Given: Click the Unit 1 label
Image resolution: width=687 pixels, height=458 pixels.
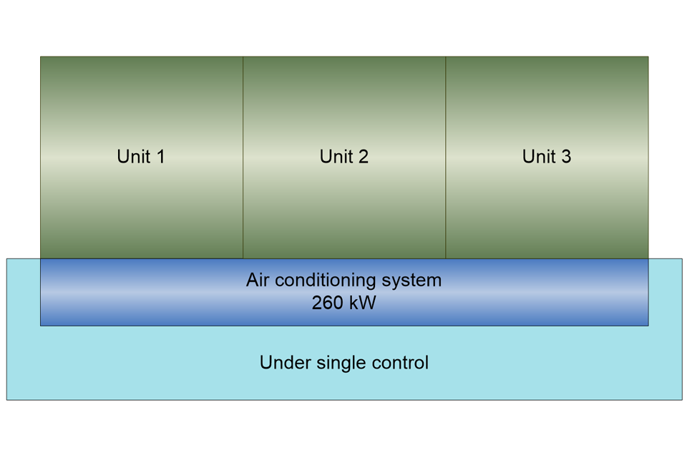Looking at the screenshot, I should point(141,157).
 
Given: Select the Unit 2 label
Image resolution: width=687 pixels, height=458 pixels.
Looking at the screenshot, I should point(344,157).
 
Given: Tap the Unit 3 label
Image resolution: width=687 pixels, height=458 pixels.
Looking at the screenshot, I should point(547,157).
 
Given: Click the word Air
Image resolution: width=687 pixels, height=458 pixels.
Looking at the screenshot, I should point(258,280).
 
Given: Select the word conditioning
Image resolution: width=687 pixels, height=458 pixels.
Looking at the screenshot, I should point(330,281).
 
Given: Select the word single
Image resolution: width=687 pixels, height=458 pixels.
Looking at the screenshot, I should point(334,364).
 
